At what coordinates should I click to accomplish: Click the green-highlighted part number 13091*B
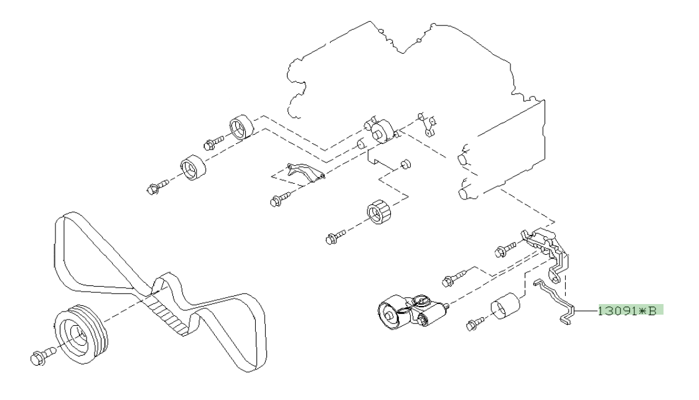pos(631,310)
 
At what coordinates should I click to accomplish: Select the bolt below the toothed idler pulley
pos(334,236)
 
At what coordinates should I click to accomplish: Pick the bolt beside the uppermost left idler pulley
pos(212,143)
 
